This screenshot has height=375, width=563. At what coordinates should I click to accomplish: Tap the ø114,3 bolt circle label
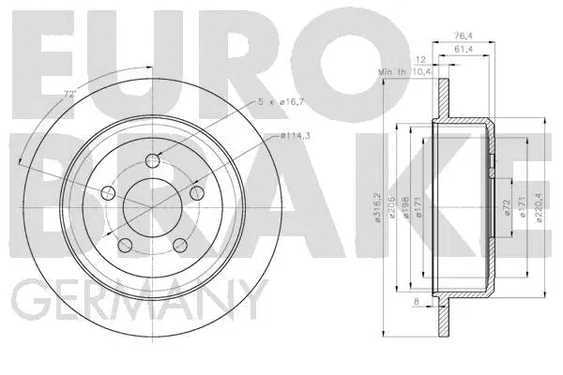(x=297, y=139)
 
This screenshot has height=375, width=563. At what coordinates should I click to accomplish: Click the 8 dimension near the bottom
(x=417, y=301)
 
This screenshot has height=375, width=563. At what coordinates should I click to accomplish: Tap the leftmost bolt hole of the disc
(x=108, y=193)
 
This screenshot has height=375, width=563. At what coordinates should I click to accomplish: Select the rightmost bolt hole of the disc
(x=197, y=192)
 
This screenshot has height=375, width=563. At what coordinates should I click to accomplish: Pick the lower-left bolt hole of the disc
(x=125, y=245)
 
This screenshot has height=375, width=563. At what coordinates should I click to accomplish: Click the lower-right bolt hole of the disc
(x=180, y=245)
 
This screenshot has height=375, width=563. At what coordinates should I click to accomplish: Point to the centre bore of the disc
(x=152, y=204)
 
